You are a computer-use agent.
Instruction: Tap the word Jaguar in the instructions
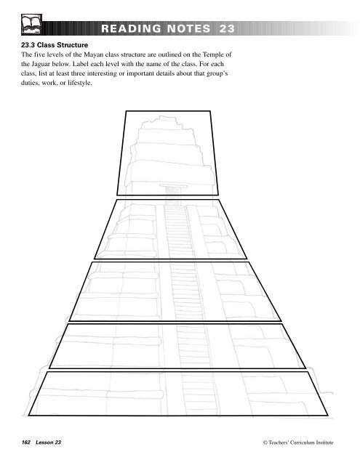[x=51, y=68]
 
